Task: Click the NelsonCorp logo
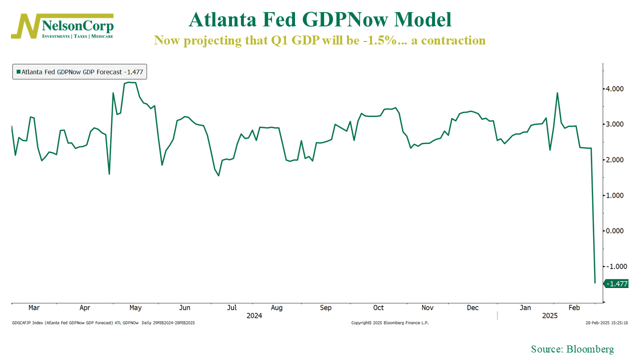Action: pyautogui.click(x=62, y=26)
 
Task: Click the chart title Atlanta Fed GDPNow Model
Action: pyautogui.click(x=320, y=19)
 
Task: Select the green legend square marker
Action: pyautogui.click(x=18, y=72)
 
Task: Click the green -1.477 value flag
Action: pyautogui.click(x=616, y=283)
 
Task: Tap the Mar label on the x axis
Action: pyautogui.click(x=34, y=308)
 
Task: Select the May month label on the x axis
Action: pyautogui.click(x=135, y=308)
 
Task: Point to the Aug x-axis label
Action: pyautogui.click(x=276, y=308)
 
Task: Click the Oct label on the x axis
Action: pyautogui.click(x=378, y=308)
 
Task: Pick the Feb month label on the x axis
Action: pyautogui.click(x=574, y=308)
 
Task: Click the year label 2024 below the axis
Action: pyautogui.click(x=254, y=316)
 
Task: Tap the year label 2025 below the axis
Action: pyautogui.click(x=550, y=316)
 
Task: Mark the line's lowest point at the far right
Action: pyautogui.click(x=595, y=283)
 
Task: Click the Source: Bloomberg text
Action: pyautogui.click(x=572, y=349)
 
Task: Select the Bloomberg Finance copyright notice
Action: pyautogui.click(x=390, y=323)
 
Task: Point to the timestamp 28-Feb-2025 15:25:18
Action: pyautogui.click(x=606, y=323)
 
